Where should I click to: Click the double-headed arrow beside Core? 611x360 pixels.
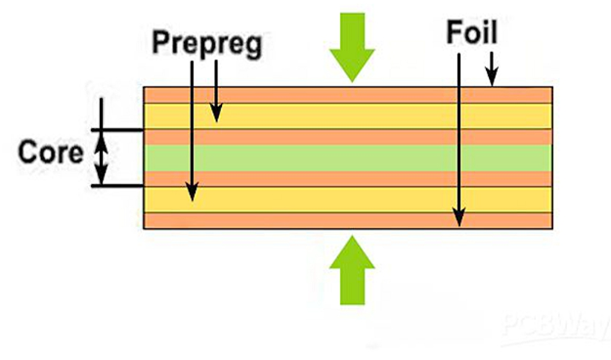pyautogui.click(x=100, y=157)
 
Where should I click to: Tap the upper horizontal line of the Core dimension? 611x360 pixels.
pyautogui.click(x=117, y=129)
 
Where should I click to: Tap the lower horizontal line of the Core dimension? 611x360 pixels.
pyautogui.click(x=117, y=184)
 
